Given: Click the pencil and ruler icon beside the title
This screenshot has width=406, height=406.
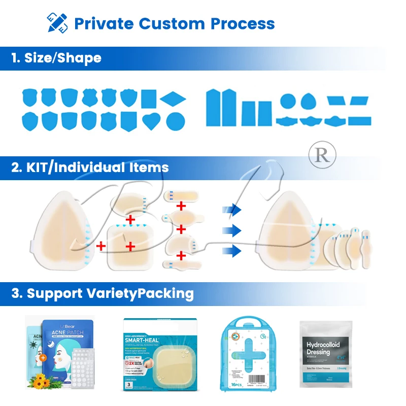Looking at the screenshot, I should (x=57, y=23).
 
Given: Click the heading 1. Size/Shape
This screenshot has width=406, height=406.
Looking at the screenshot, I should (x=56, y=58).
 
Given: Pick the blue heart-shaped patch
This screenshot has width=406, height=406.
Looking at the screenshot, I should (x=151, y=121).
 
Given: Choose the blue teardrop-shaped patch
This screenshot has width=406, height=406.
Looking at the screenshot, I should (x=308, y=101).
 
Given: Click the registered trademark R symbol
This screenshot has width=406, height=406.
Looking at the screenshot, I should (x=322, y=155).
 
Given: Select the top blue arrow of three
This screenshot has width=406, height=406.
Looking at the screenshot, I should (x=233, y=209).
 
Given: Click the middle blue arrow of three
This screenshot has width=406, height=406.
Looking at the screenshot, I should (x=233, y=231).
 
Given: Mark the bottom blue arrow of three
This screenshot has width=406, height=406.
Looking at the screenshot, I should (x=233, y=250).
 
